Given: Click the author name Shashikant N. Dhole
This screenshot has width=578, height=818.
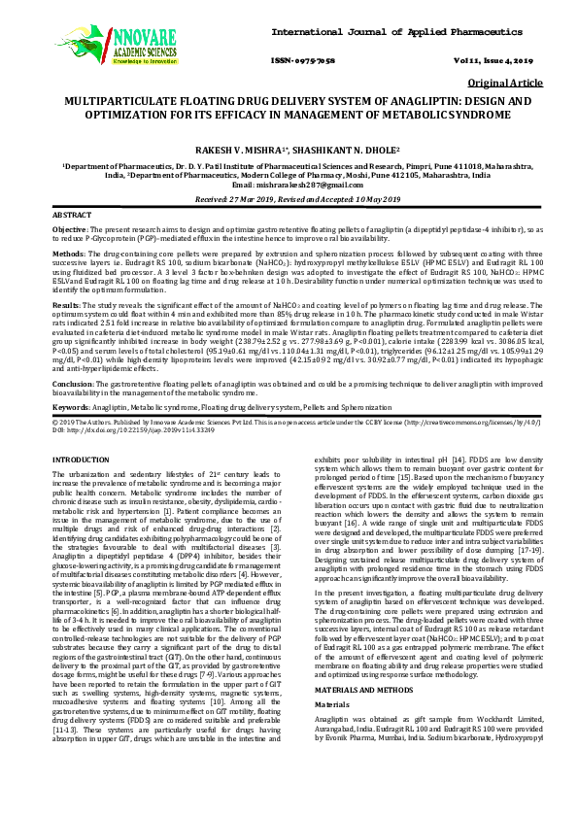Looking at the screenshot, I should [344, 150].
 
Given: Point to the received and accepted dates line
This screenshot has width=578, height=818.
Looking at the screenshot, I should [289, 197].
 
